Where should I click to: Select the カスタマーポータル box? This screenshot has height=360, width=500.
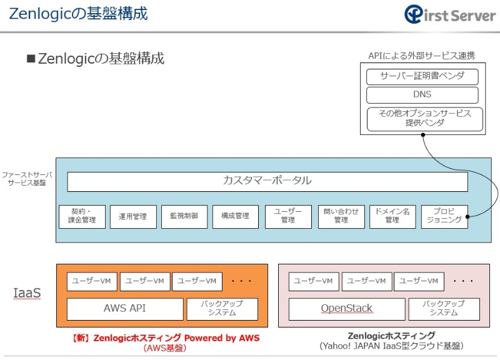(267, 181)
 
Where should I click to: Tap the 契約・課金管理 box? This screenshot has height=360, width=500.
(82, 216)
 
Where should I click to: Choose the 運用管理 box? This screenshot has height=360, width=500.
(132, 216)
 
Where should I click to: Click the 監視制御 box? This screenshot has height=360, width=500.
(184, 216)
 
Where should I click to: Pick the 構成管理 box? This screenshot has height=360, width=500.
(235, 216)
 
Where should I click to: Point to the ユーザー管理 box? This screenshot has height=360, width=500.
(287, 216)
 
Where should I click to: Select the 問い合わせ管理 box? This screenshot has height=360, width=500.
(341, 216)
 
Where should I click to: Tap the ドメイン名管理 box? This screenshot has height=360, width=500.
(392, 216)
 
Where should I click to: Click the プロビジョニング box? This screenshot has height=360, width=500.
(444, 216)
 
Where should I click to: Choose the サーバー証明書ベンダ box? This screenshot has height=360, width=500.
(422, 77)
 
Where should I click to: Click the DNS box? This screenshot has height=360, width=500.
(422, 95)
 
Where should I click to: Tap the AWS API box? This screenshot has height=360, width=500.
(124, 309)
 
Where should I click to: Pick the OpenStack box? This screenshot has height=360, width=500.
(346, 309)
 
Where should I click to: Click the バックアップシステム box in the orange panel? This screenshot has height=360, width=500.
(221, 309)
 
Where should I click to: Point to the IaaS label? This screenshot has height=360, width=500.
(27, 292)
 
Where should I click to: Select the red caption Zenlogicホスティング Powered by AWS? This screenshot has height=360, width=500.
(165, 338)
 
